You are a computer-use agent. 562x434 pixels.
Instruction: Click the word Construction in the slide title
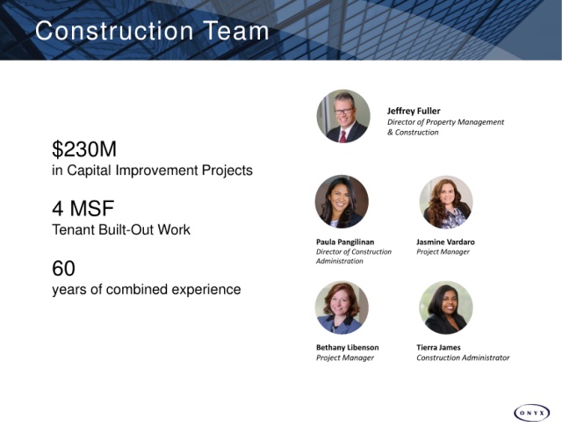click(x=114, y=31)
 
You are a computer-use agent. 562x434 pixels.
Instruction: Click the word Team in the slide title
click(x=236, y=31)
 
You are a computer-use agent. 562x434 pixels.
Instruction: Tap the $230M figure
click(x=84, y=149)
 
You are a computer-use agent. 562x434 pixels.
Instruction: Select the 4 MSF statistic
click(x=83, y=208)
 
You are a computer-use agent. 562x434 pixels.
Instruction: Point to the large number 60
click(x=63, y=268)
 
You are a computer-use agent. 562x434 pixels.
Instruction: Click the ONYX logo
click(x=531, y=413)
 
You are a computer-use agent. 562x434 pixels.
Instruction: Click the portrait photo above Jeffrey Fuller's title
click(x=343, y=116)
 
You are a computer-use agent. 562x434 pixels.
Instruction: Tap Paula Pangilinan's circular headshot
click(x=342, y=201)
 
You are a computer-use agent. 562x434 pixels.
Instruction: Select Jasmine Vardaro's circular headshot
click(x=446, y=202)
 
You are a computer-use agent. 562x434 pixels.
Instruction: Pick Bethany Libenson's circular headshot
click(x=342, y=307)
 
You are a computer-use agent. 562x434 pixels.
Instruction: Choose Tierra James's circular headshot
click(x=446, y=307)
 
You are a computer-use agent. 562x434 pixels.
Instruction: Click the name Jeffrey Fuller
click(x=414, y=112)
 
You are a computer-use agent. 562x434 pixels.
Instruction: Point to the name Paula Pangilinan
click(x=345, y=242)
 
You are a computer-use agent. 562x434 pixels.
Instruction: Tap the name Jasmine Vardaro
click(x=445, y=242)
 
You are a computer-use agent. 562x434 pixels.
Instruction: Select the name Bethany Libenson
click(x=348, y=347)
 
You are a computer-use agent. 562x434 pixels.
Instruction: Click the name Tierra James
click(x=438, y=347)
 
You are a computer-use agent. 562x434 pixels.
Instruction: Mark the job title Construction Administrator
click(x=463, y=358)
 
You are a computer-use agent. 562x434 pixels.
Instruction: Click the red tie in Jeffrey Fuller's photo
click(x=343, y=137)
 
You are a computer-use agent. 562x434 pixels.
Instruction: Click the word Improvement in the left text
click(x=157, y=170)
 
